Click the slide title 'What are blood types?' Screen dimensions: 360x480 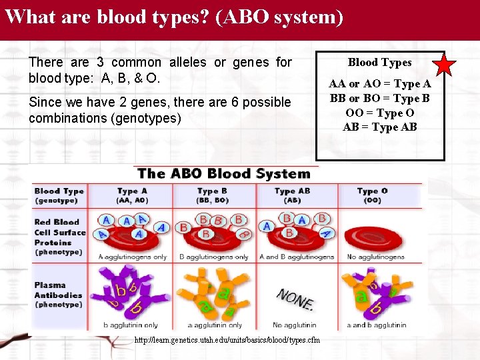click(x=173, y=16)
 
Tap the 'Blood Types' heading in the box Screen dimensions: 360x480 click(x=379, y=63)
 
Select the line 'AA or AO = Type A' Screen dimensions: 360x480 click(x=379, y=84)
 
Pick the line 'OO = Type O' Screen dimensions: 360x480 click(x=379, y=113)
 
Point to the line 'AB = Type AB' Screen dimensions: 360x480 click(x=379, y=127)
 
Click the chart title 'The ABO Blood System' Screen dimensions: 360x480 click(x=224, y=174)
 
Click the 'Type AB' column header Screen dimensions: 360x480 click(x=294, y=195)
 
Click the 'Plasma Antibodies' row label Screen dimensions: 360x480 click(x=59, y=295)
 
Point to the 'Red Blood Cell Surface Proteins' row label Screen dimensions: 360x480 click(x=60, y=237)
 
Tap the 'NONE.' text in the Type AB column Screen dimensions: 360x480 click(x=295, y=299)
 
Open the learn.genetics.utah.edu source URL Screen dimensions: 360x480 click(x=227, y=340)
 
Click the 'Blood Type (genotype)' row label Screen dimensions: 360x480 click(x=59, y=195)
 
